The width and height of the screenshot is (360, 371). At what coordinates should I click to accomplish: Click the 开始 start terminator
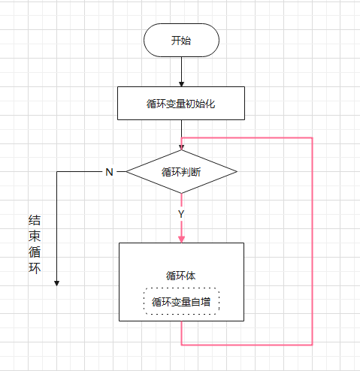[x=181, y=40]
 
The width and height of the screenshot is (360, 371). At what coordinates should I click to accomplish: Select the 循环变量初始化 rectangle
[x=181, y=103]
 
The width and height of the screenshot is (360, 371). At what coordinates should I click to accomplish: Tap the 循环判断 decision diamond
[x=181, y=171]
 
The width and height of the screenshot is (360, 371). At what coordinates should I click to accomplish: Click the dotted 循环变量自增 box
[x=181, y=302]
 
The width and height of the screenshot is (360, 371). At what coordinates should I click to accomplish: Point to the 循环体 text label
[x=181, y=275]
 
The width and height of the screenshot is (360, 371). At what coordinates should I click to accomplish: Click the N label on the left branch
[x=109, y=172]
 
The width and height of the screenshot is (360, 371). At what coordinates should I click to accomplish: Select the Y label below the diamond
[x=181, y=214]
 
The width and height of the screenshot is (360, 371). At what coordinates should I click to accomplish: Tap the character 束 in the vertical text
[x=35, y=237]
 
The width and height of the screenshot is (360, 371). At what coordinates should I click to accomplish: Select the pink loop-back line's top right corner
[x=312, y=138]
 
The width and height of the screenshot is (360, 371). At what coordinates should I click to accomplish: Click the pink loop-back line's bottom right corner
[x=312, y=345]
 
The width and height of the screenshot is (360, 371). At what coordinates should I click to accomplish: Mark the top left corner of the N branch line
[x=57, y=171]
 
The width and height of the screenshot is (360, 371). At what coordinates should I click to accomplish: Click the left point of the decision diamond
[x=126, y=171]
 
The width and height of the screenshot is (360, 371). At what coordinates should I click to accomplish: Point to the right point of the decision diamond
[x=237, y=171]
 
